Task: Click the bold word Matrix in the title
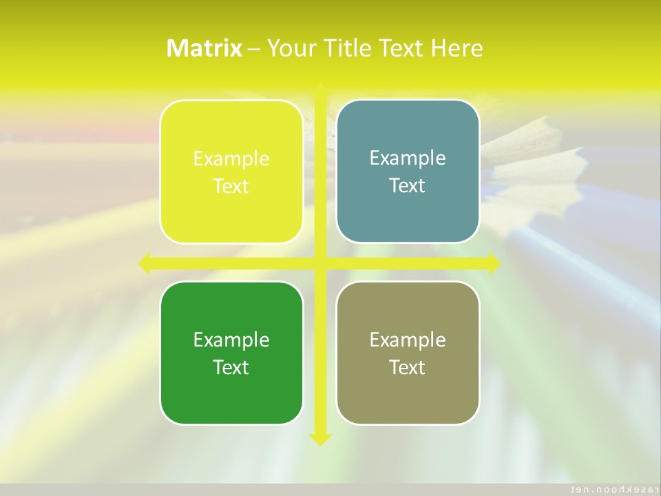coord(204,48)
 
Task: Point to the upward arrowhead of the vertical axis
coord(319,88)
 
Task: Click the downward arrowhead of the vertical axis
coord(319,439)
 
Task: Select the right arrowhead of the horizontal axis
coord(494,263)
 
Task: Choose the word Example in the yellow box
coord(231,159)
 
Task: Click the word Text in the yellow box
coord(231,186)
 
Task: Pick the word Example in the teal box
coord(408,158)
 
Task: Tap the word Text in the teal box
coord(408,185)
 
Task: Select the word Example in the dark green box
coord(231,340)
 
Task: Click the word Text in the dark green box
coord(231,367)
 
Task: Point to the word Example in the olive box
coord(408,340)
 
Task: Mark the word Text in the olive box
coord(408,367)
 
